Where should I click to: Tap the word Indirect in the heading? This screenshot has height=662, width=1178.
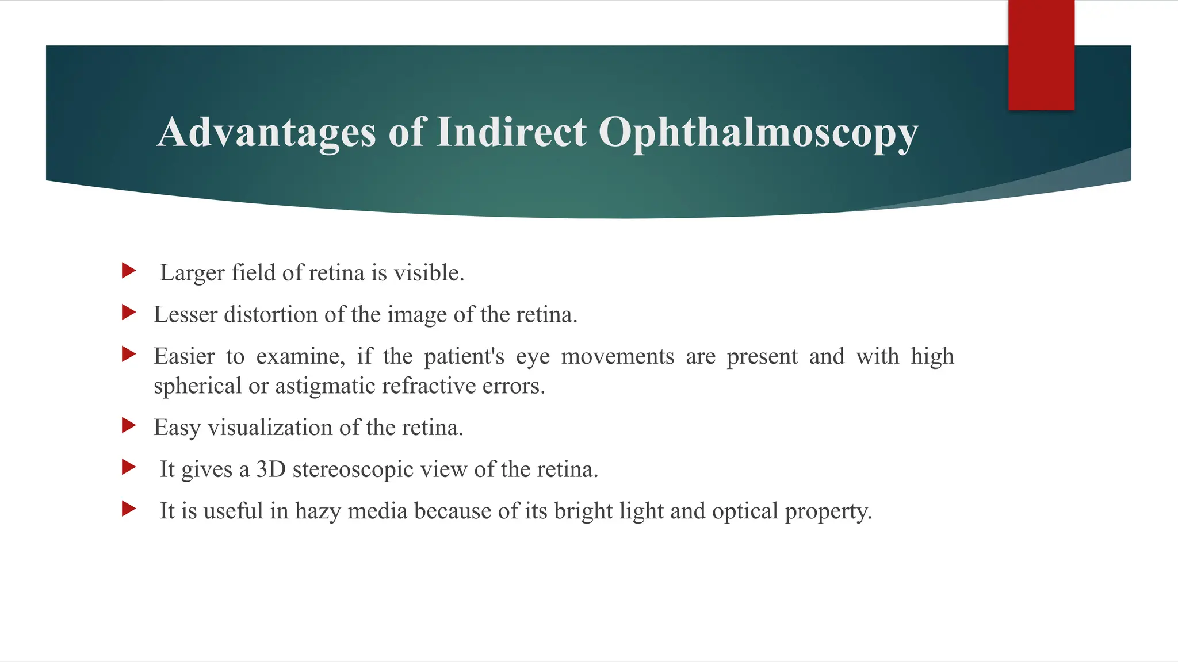pyautogui.click(x=511, y=133)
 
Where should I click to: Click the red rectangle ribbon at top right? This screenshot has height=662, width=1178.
pyautogui.click(x=1041, y=55)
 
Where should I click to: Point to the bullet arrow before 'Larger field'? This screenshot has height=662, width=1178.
pyautogui.click(x=129, y=271)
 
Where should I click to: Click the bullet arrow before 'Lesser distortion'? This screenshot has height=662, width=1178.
pyautogui.click(x=129, y=313)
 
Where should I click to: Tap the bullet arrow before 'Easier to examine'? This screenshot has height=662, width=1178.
pyautogui.click(x=129, y=354)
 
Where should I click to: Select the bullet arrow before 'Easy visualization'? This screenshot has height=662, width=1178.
pyautogui.click(x=129, y=425)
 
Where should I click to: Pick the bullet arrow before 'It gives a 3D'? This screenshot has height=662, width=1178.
pyautogui.click(x=129, y=467)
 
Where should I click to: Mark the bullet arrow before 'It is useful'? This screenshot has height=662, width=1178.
pyautogui.click(x=129, y=509)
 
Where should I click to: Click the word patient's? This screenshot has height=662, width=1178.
pyautogui.click(x=464, y=357)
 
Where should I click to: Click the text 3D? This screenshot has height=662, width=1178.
pyautogui.click(x=271, y=469)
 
